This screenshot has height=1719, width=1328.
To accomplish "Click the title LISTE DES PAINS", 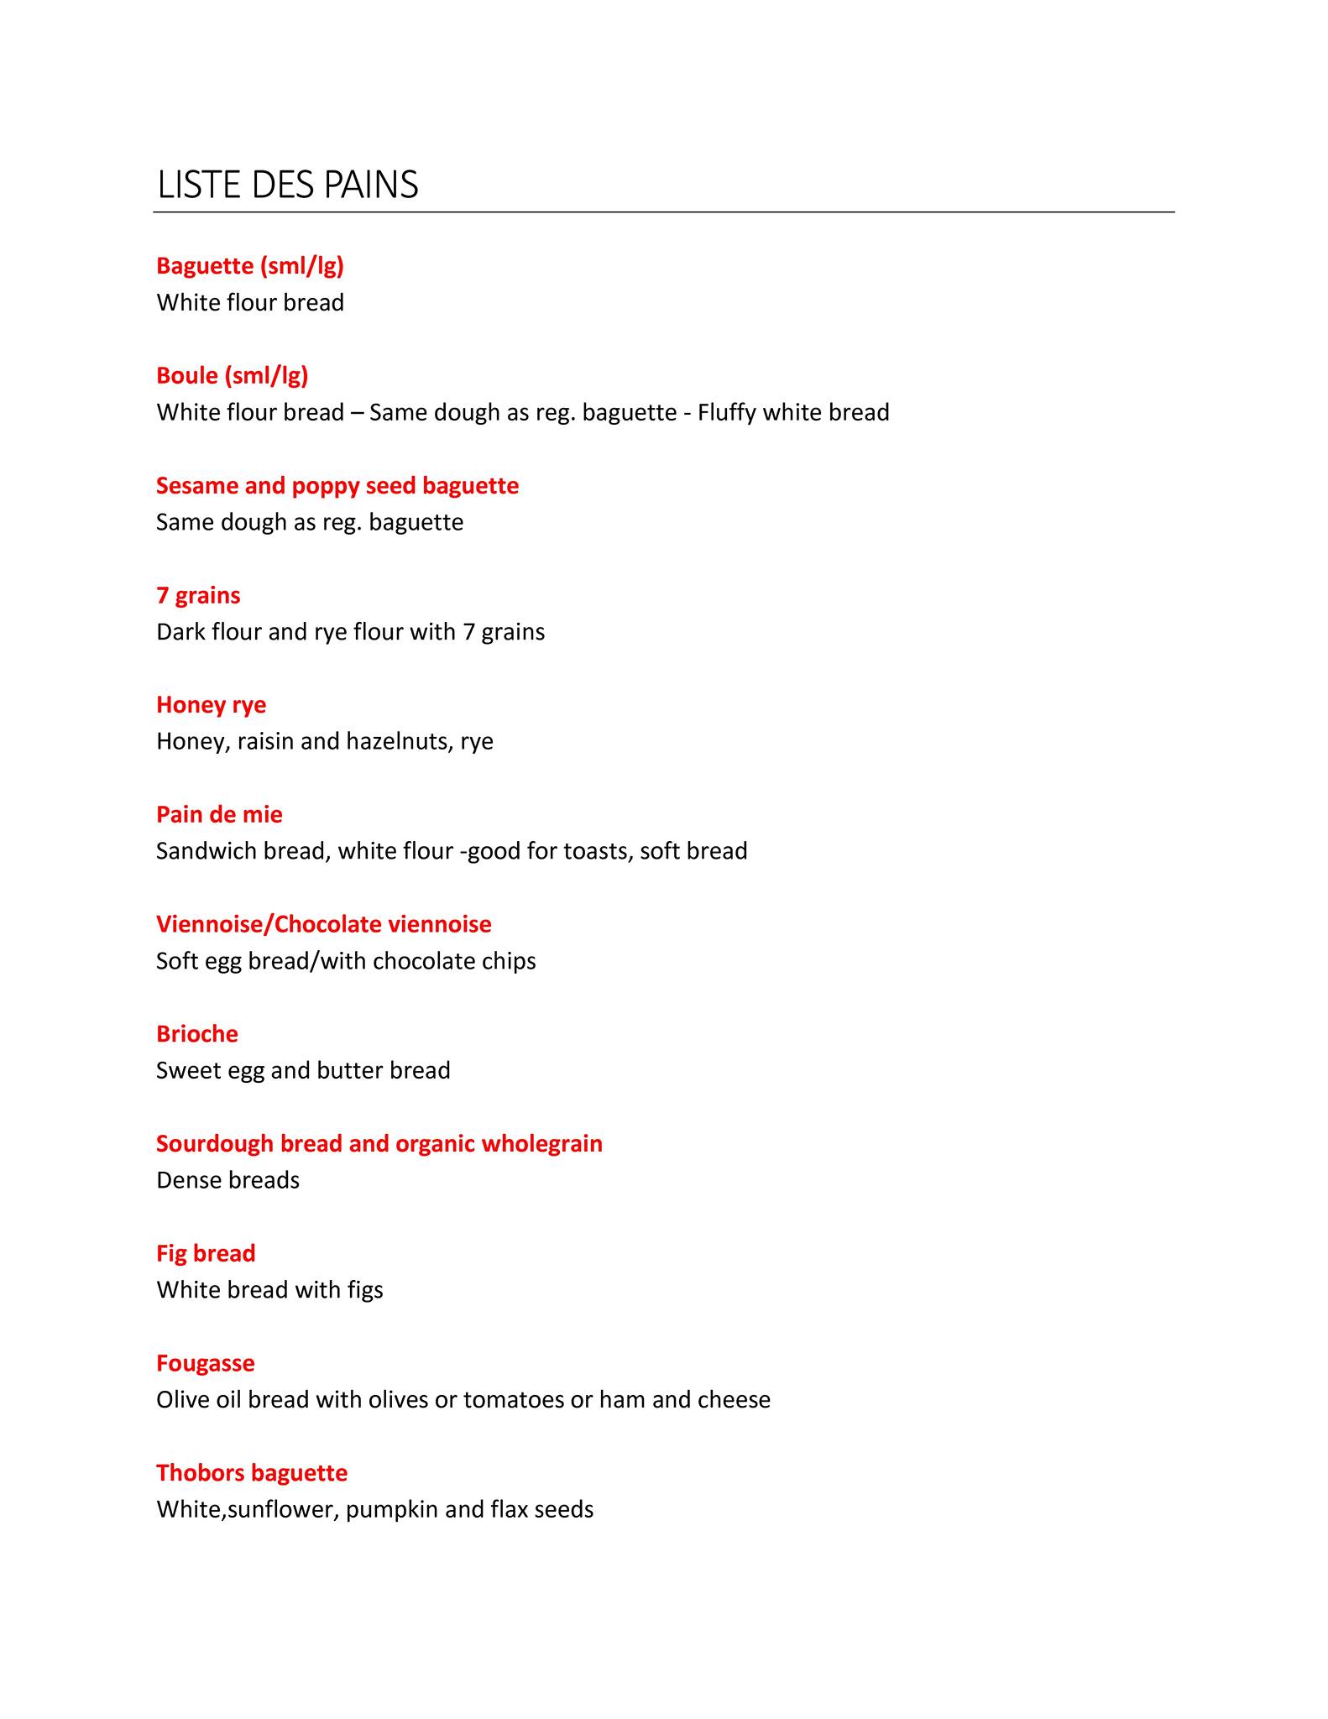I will click(x=287, y=185).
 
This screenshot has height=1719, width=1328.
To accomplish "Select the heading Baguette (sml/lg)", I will click(x=250, y=266).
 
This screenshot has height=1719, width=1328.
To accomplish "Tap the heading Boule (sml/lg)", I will click(x=233, y=375).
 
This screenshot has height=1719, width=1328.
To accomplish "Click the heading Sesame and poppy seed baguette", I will click(x=337, y=485).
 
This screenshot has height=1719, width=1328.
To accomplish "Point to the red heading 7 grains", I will click(x=198, y=595).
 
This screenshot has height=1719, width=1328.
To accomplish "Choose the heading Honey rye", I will click(x=211, y=704).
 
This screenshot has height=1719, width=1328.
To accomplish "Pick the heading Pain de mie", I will click(x=219, y=814).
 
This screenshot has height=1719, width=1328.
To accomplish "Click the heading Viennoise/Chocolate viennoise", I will click(x=324, y=924).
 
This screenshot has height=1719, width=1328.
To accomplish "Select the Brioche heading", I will click(x=197, y=1033).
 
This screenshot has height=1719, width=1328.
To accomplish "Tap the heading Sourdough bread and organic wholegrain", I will click(x=379, y=1143).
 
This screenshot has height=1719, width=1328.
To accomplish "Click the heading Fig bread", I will click(x=206, y=1253).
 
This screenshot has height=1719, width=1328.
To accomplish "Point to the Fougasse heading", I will click(x=206, y=1362).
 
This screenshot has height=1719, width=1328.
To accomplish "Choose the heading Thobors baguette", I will click(x=252, y=1472).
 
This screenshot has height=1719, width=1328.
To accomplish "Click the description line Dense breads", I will click(x=227, y=1180).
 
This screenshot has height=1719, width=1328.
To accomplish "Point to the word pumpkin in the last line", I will click(x=391, y=1510).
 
